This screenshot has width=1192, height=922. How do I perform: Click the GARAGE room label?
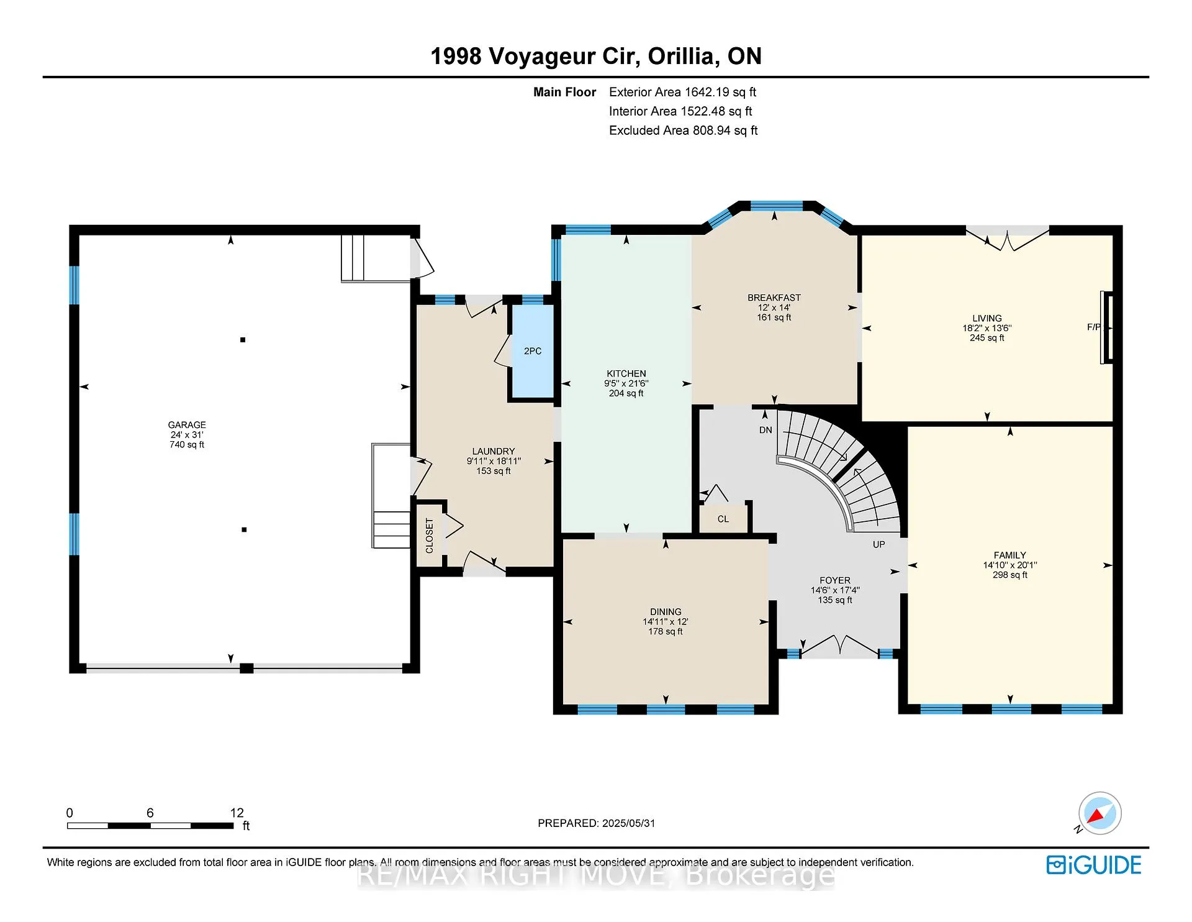coord(187,425)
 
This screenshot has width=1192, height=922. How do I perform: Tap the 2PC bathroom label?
coord(533,351)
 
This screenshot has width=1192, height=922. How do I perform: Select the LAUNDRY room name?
coord(494,451)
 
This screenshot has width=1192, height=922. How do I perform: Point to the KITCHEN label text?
coord(626,373)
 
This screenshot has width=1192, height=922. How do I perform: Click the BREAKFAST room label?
coord(774,298)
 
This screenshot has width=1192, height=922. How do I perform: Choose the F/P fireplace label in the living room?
coord(1094,327)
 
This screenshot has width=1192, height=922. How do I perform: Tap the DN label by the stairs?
coord(765,430)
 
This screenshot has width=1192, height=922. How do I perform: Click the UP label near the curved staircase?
coord(879,544)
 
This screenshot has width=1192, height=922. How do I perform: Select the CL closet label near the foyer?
coord(723,519)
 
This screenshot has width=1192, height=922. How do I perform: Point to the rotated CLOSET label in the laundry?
coord(430,536)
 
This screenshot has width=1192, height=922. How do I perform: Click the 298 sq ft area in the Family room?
coord(1010,575)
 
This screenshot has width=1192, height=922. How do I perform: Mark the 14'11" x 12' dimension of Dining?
coord(666,621)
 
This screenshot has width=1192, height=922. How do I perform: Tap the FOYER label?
coord(835,580)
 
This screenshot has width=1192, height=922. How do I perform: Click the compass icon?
coord(1099,813)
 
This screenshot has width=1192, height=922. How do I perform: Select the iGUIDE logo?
coord(1094,865)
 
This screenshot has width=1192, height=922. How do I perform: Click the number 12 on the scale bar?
coord(237,813)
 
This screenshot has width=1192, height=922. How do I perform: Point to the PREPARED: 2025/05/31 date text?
coord(597,823)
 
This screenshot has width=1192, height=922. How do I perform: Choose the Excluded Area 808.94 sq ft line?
coord(684,130)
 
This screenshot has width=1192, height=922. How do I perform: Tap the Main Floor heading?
coord(565,92)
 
